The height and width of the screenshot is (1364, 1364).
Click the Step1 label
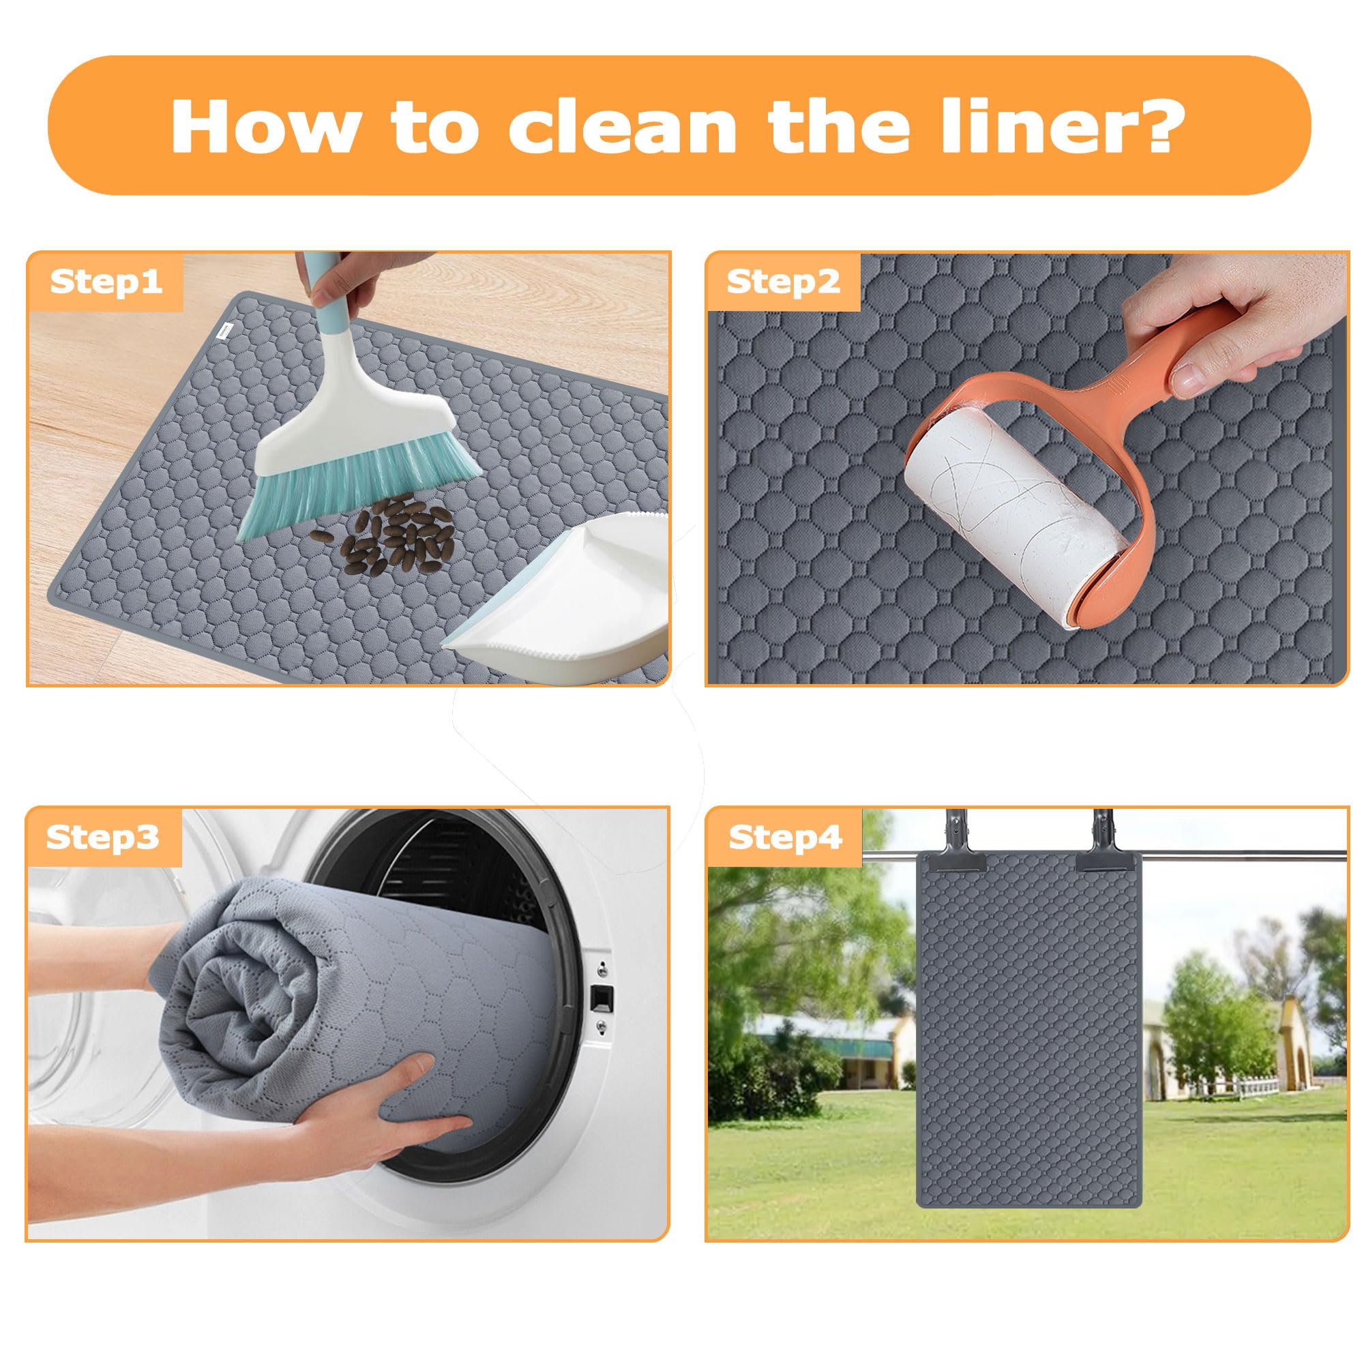pos(106,282)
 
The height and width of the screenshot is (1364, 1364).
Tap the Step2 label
pos(784,282)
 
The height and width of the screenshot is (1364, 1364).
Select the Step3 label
pos(103,837)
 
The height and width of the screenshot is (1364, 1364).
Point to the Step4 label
pos(785,837)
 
